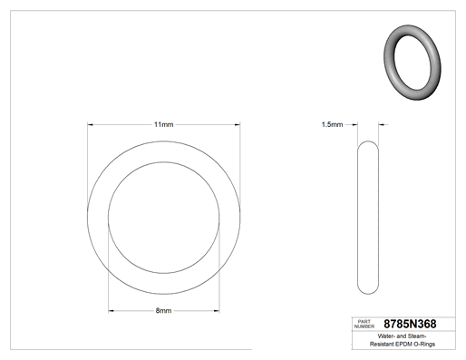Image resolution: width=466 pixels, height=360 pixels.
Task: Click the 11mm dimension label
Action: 163,124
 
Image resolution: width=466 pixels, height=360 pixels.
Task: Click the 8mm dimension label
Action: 163,310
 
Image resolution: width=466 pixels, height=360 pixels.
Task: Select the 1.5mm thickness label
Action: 332,124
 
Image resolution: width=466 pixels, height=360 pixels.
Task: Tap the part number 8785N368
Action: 410,324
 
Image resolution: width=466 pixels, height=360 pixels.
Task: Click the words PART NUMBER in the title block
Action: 364,324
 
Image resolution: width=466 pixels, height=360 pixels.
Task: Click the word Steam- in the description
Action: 417,336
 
